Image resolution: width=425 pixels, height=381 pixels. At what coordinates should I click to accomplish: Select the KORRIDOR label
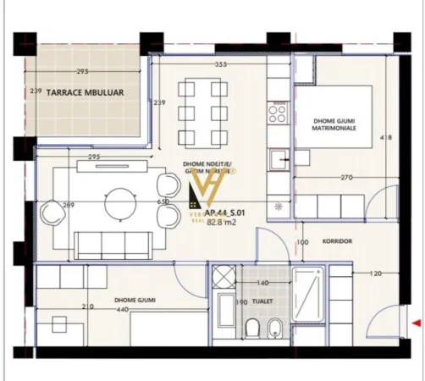[x=337, y=241]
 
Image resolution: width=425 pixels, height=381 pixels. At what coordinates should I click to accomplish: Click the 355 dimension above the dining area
[x=222, y=64]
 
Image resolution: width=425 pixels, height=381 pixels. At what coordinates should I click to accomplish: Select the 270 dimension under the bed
[x=346, y=178]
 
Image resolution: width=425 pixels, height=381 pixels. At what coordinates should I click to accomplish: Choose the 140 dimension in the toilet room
[x=262, y=283]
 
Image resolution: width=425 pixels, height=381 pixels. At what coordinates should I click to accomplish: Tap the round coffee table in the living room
[x=119, y=203]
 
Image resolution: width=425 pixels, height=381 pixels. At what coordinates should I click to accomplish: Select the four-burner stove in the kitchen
[x=278, y=111]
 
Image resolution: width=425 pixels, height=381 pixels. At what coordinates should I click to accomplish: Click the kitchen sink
[x=278, y=157]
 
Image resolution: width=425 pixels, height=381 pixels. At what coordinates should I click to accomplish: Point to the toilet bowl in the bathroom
[x=252, y=329]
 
